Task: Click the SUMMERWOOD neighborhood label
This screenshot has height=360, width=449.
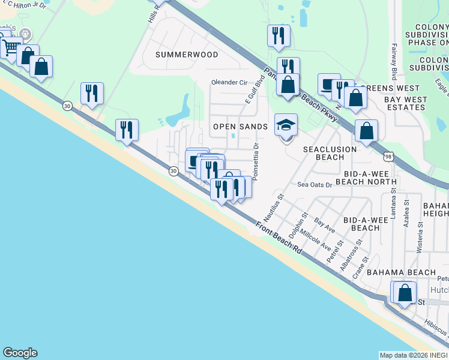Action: click(187, 55)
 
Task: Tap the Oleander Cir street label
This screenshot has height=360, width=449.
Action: click(229, 83)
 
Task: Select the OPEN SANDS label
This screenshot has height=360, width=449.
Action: click(241, 127)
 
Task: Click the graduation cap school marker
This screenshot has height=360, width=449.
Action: click(286, 126)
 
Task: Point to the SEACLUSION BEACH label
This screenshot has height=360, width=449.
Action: click(330, 153)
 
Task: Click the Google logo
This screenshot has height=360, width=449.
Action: click(20, 353)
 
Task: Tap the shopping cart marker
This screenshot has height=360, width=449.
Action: click(10, 47)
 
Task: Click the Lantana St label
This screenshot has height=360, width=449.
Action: click(394, 202)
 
